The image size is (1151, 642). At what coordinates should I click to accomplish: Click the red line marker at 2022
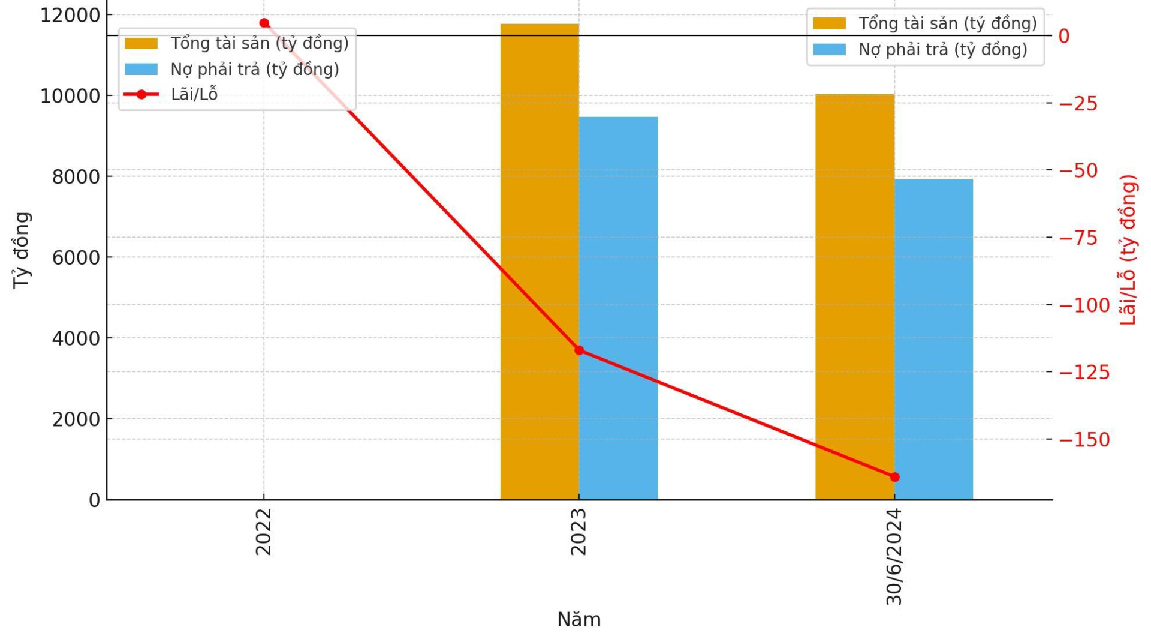[264, 23]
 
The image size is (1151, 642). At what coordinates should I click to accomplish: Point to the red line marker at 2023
[579, 350]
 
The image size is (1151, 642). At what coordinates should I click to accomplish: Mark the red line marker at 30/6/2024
[894, 477]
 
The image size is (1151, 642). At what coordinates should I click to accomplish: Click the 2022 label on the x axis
[264, 532]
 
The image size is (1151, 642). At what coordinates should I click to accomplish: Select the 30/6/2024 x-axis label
[894, 557]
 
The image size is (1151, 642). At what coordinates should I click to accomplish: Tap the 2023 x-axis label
[578, 532]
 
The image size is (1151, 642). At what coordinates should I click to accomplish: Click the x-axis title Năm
[578, 620]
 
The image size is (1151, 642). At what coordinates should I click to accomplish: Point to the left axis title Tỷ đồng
[22, 250]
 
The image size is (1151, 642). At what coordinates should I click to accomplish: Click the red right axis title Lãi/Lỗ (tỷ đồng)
[1128, 250]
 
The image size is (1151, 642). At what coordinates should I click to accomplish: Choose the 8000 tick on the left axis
[76, 177]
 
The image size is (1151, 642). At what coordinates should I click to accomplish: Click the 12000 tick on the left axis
[70, 16]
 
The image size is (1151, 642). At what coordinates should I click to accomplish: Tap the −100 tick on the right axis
[1084, 305]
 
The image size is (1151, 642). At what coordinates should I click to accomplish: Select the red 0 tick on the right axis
[1064, 36]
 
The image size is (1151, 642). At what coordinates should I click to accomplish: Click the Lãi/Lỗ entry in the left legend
[194, 95]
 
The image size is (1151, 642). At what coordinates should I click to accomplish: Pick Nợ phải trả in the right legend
[942, 50]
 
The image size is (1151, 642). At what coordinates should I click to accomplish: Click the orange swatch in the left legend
[141, 43]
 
